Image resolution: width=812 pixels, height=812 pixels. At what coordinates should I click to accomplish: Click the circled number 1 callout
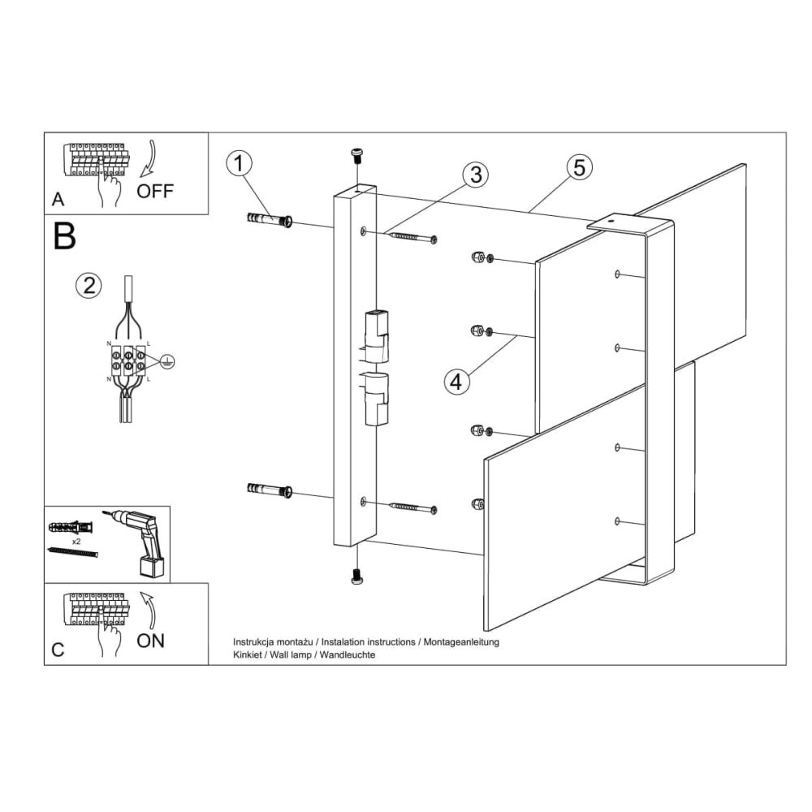(x=239, y=163)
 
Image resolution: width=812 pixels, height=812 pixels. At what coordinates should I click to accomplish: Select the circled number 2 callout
(x=89, y=285)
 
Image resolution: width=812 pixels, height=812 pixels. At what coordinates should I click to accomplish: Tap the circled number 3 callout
(x=476, y=175)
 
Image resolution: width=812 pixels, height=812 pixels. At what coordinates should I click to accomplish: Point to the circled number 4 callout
(x=456, y=382)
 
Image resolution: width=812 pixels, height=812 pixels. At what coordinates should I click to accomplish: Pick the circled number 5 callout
(x=579, y=167)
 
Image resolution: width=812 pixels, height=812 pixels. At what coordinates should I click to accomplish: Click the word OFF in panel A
(x=155, y=191)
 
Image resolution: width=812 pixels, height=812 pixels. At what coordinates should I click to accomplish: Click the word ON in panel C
(x=151, y=641)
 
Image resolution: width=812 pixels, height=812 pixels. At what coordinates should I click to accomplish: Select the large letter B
(x=64, y=236)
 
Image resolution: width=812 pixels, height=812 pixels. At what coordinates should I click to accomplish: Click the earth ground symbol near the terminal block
(x=166, y=361)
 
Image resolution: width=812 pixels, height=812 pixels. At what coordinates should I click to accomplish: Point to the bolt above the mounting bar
(x=356, y=155)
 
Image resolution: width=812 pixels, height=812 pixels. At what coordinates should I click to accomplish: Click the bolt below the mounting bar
(x=356, y=576)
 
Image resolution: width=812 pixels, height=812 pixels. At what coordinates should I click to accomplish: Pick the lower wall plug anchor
(x=270, y=489)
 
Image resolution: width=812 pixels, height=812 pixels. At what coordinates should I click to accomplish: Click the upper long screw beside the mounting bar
(x=412, y=237)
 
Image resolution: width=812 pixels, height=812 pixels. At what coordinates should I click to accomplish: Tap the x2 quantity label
(x=76, y=541)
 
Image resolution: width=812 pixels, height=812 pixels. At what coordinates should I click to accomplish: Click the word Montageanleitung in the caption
(x=461, y=642)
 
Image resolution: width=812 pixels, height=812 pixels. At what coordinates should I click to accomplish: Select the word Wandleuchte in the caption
(x=348, y=654)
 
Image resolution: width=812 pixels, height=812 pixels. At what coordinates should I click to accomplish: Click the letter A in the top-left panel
(x=58, y=200)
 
